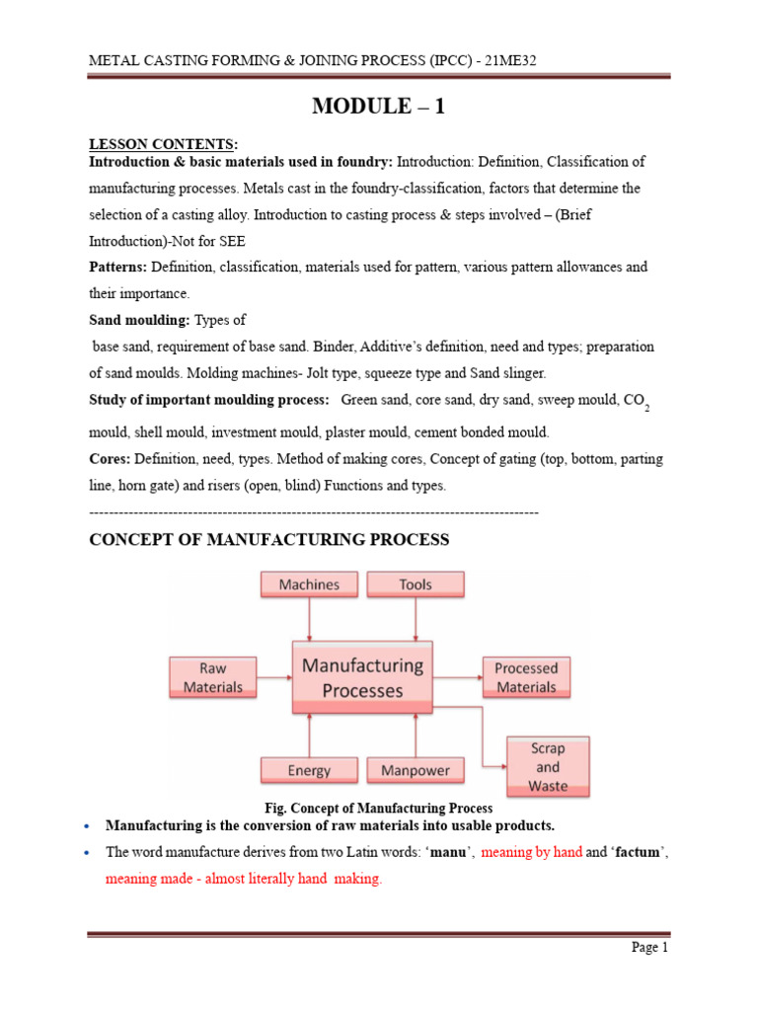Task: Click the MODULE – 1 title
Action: point(378,107)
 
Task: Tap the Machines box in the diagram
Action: point(309,584)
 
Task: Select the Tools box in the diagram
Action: point(416,584)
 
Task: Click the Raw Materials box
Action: point(213,677)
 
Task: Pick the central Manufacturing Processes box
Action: point(362,678)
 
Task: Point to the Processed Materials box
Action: point(526,677)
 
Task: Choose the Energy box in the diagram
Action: point(309,770)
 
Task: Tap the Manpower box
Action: point(416,770)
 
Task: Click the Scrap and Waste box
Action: point(548,766)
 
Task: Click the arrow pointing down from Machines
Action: point(310,619)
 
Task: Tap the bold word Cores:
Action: point(110,459)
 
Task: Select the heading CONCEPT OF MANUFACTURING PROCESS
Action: point(269,540)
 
